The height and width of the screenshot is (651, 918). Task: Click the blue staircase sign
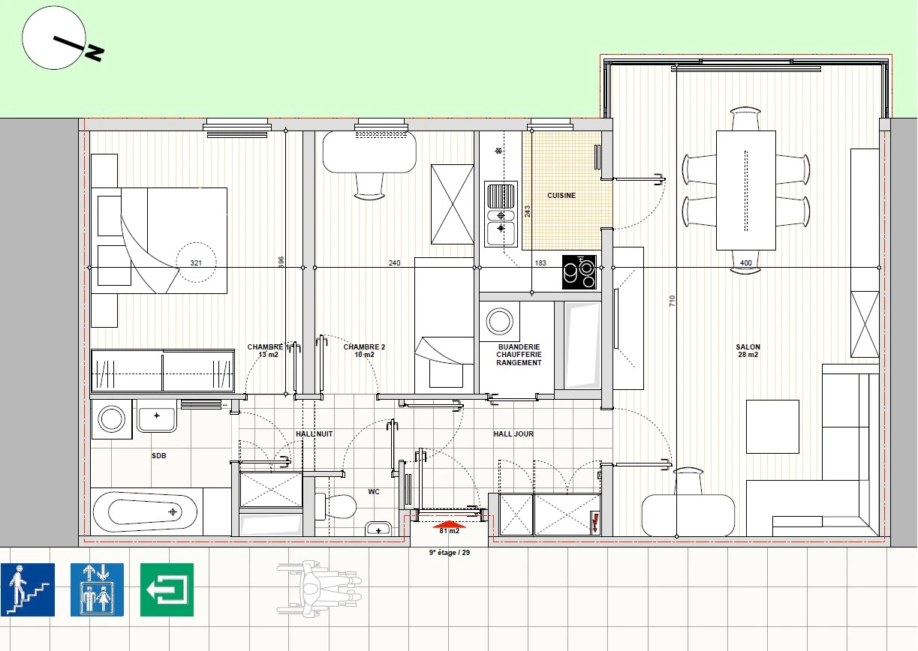pos(28,589)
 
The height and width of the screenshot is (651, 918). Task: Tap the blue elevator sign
pos(97,589)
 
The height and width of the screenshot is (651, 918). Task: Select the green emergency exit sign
pos(167,589)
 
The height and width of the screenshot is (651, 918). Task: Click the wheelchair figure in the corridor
pos(319,589)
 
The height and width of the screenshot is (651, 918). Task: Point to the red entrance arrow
pos(450,524)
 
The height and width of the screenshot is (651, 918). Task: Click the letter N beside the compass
pos(95,52)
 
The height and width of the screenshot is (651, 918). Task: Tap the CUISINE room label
pos(561,196)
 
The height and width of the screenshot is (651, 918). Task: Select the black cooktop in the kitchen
pos(579,272)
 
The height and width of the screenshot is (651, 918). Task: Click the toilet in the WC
pos(336,506)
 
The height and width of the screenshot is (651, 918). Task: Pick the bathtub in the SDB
pos(145,511)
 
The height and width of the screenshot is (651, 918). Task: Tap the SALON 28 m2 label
pos(748,351)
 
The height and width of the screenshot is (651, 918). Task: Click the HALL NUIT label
pos(315,434)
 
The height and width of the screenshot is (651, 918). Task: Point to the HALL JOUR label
pos(513,434)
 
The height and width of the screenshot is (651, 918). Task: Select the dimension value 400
pos(746,262)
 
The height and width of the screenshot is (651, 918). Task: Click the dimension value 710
pos(672,301)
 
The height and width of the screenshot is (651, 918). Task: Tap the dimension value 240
pos(394,262)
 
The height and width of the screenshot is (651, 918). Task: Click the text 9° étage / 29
pos(450,552)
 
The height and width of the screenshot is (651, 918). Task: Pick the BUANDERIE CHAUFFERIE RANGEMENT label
pos(519,355)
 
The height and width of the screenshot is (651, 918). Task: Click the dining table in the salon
pos(746,190)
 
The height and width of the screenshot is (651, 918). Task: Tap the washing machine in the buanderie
pos(500,322)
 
